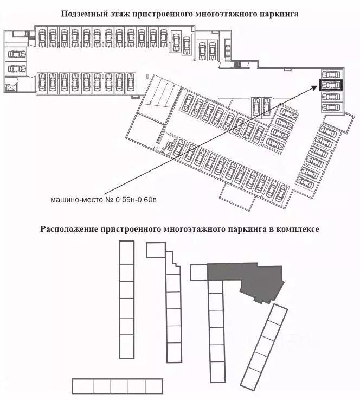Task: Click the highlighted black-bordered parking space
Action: point(331,85)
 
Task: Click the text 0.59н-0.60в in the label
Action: point(136,200)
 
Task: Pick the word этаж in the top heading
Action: point(119,14)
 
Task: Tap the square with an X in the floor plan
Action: point(10,87)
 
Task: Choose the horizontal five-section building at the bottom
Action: point(118,386)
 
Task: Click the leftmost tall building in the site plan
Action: point(126,300)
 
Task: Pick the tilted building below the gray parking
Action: point(264,347)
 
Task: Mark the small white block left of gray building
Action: point(199,272)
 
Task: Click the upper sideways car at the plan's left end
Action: point(17,54)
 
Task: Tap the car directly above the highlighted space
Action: point(331,74)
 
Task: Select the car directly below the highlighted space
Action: point(331,97)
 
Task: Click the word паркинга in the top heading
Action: point(279,14)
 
